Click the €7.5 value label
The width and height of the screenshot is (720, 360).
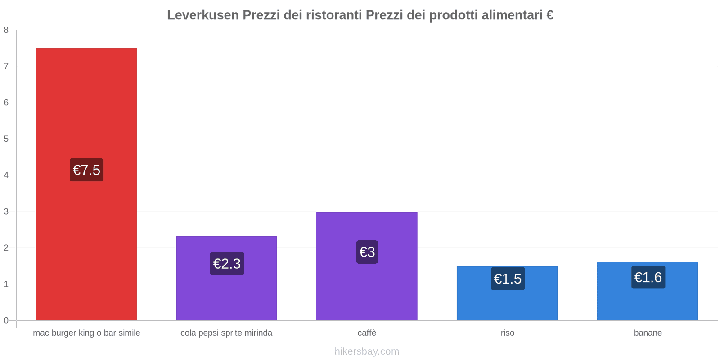coord(86,170)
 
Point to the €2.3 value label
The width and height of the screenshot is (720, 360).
coord(227,264)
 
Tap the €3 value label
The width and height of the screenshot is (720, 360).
coord(367,252)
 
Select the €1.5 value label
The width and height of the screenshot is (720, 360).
coord(508,279)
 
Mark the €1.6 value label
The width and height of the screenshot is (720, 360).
coord(648,277)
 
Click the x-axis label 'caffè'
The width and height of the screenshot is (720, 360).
coord(367,333)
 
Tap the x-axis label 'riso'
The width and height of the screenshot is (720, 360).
coord(507,333)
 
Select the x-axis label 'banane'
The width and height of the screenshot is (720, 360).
coord(648,333)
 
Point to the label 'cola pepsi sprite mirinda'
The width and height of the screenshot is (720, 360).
coord(226,333)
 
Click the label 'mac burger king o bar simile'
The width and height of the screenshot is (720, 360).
coord(86,333)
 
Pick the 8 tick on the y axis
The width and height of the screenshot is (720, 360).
coord(6,30)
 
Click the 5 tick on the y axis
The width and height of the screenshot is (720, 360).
coord(6,139)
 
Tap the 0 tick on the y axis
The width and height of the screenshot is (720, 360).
coord(6,320)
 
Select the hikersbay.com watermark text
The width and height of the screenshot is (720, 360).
coord(367,351)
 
